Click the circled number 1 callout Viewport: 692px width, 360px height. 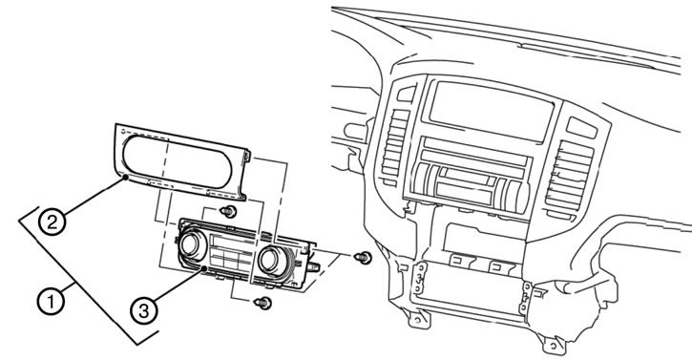pos(52,302)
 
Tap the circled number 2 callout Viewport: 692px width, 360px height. pos(52,222)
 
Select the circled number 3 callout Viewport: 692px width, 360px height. pos(144,311)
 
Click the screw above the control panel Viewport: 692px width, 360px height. pos(228,212)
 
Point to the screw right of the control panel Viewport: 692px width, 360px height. pos(364,257)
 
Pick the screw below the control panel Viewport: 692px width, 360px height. pos(263,303)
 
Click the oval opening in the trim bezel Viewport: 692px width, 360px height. pos(177,161)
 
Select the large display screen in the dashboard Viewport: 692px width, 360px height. pos(492,111)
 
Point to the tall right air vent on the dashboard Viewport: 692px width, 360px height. pos(570,177)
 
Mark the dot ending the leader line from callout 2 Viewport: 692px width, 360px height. pos(126,178)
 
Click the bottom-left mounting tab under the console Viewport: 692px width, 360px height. pos(419,319)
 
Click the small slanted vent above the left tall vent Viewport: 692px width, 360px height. pos(407,94)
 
